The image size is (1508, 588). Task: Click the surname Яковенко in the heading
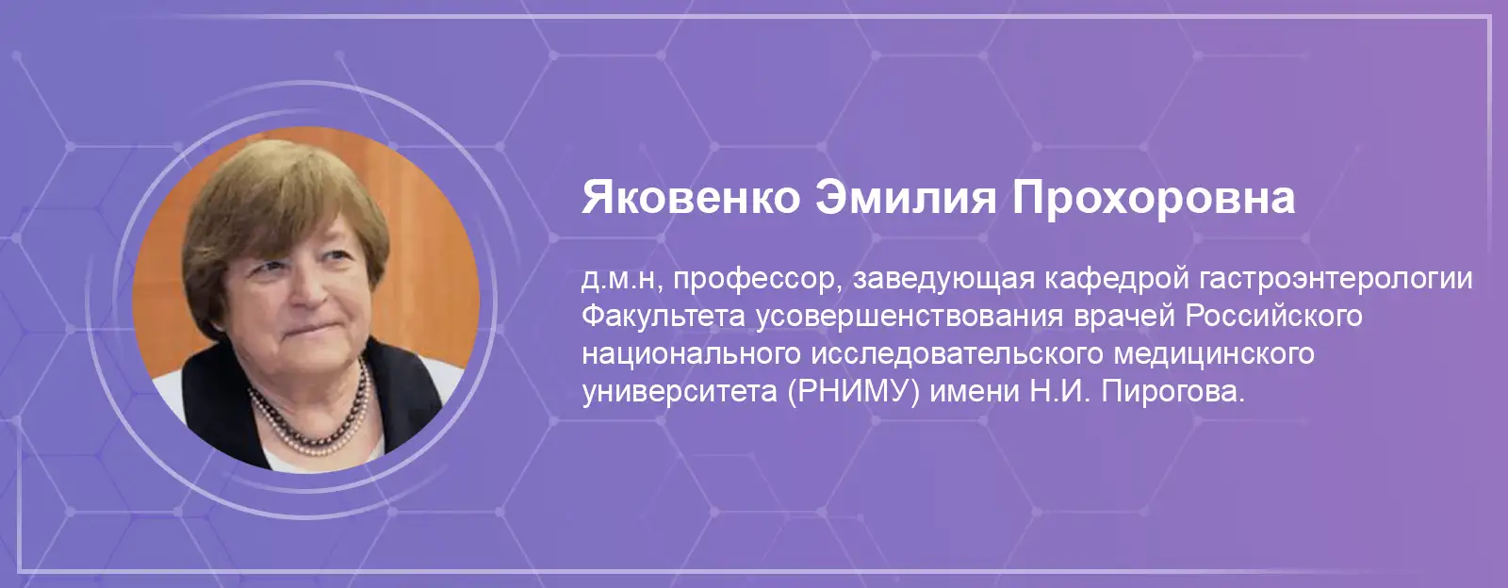[692, 198]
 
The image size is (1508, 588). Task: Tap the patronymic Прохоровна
[1154, 198]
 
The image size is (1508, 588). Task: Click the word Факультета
[664, 318]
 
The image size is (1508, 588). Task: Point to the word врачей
[1124, 318]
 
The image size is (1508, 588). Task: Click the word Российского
[1273, 318]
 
